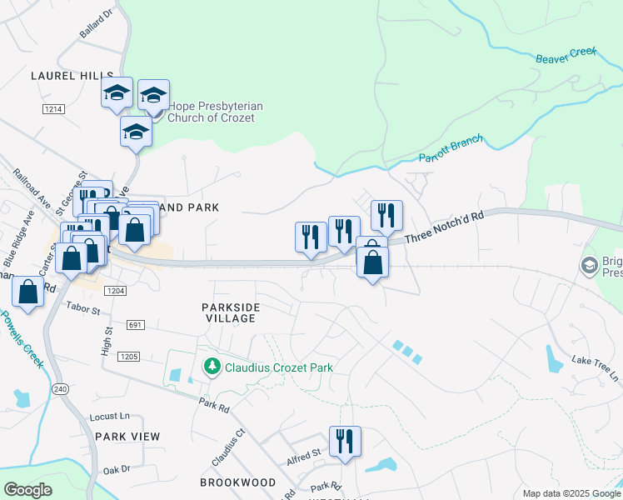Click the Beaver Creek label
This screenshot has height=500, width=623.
[x=566, y=52]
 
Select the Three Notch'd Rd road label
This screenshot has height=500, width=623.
[x=444, y=227]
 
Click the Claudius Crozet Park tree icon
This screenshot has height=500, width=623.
[x=212, y=367]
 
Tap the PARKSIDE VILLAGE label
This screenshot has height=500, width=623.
[x=231, y=312]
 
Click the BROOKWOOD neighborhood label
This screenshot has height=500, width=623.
[x=237, y=482]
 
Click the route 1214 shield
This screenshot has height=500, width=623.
[x=54, y=109]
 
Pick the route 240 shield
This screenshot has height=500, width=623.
[x=59, y=389]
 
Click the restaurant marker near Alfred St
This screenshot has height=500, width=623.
[x=344, y=442]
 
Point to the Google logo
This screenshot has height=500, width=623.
[x=27, y=490]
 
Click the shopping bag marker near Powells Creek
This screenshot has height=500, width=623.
[x=28, y=293]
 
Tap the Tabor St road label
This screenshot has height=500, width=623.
[x=83, y=311]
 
